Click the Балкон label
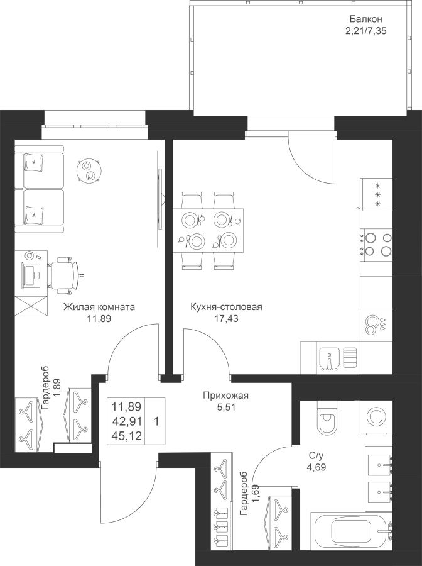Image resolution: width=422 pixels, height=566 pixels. pyautogui.click(x=365, y=19)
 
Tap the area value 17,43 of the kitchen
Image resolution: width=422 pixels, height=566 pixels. pyautogui.click(x=226, y=318)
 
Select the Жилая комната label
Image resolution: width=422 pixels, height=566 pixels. pyautogui.click(x=99, y=307)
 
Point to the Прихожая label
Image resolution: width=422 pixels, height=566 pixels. pyautogui.click(x=226, y=396)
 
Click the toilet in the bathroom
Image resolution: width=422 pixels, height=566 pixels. pyautogui.click(x=327, y=419)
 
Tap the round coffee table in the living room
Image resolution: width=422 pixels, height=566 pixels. pyautogui.click(x=89, y=170)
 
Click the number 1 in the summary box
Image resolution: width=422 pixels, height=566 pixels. pyautogui.click(x=156, y=421)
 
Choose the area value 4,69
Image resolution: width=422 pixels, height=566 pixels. pyautogui.click(x=315, y=467)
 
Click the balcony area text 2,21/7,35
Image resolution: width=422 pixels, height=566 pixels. pyautogui.click(x=365, y=31)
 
